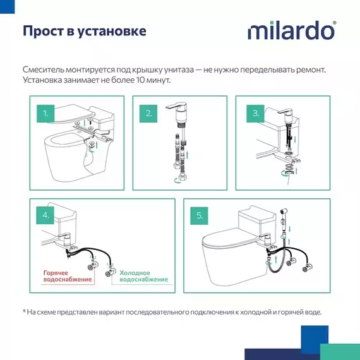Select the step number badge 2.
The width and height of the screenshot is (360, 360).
pos(149,114)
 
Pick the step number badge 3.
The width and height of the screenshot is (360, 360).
pos(255,114)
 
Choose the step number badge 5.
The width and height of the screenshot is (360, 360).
pos(200,215)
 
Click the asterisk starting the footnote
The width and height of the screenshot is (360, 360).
pos(25,311)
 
